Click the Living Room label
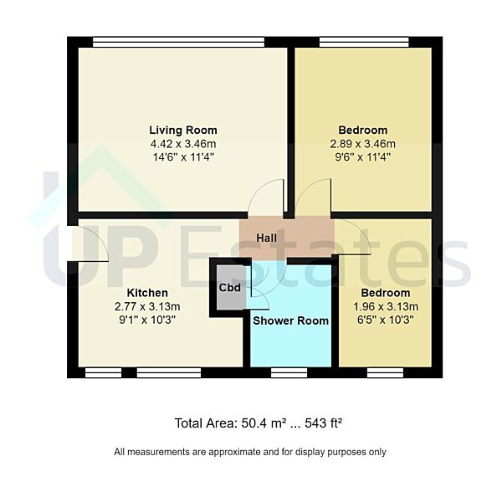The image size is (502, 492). coord(182,130)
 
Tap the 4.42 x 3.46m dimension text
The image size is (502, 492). coord(182,143)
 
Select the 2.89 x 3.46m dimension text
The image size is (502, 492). coord(362,143)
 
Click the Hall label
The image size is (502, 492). coord(266,238)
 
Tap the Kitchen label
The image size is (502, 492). coord(147,293)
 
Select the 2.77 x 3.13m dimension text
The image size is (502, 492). coord(147,306)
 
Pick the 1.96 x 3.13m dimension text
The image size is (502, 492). coord(385,306)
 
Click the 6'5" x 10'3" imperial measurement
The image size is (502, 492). coord(385,320)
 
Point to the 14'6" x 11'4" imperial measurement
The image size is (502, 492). coord(182,156)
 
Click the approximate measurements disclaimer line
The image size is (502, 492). coord(250,452)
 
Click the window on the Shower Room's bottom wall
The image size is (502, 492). coord(289,372)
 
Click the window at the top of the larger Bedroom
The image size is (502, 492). coord(364,41)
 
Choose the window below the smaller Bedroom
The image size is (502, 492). coord(385,372)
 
